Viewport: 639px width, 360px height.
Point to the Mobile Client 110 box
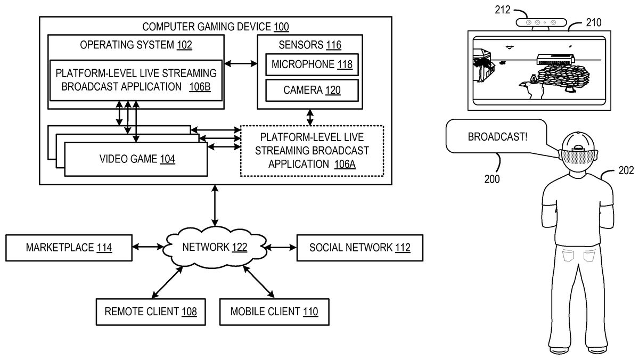(274, 312)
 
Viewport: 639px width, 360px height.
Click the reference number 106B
(200, 87)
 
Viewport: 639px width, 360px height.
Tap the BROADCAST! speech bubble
(498, 137)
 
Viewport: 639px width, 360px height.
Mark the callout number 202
(627, 171)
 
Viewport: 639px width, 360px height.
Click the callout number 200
(492, 179)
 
